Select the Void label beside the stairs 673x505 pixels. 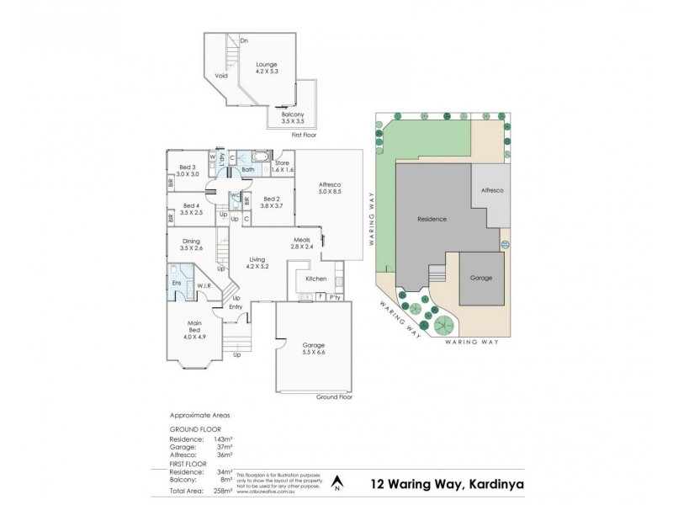pyautogui.click(x=221, y=76)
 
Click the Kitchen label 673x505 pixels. pyautogui.click(x=315, y=278)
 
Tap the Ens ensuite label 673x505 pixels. pyautogui.click(x=178, y=284)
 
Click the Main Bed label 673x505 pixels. pyautogui.click(x=194, y=328)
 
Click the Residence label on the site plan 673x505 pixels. pyautogui.click(x=432, y=219)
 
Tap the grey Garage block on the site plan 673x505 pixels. pyautogui.click(x=481, y=278)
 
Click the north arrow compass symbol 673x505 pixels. pyautogui.click(x=337, y=482)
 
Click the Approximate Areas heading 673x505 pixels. pyautogui.click(x=201, y=415)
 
